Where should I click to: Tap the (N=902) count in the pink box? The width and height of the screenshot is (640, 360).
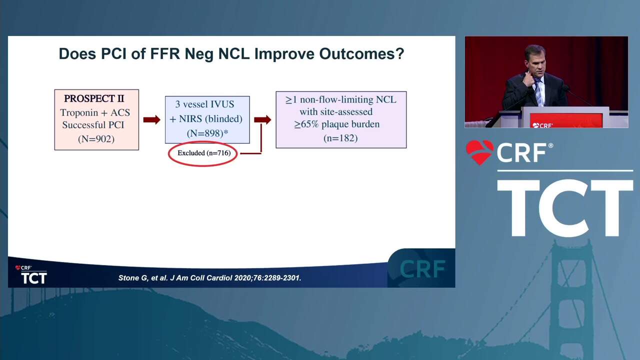(x=96, y=139)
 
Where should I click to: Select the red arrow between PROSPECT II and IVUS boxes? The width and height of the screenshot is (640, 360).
(x=151, y=119)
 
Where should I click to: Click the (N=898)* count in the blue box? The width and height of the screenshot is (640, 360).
(x=207, y=133)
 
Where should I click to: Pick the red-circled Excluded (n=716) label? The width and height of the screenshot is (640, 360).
(x=203, y=153)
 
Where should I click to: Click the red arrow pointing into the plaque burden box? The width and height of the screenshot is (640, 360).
(x=262, y=119)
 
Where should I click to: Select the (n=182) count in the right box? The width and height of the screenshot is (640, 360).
(x=340, y=138)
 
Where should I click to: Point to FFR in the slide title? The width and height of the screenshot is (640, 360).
(x=165, y=53)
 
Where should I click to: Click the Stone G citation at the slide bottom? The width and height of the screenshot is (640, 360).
(x=209, y=277)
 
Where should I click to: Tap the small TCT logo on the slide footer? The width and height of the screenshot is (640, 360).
(x=31, y=275)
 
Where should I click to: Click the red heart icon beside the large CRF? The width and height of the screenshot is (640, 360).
(x=479, y=152)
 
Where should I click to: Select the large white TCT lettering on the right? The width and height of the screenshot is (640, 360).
(x=565, y=208)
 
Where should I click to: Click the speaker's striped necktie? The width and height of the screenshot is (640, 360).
(x=538, y=92)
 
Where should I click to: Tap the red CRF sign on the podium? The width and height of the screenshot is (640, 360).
(x=566, y=120)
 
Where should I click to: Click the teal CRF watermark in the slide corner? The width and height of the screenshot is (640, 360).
(x=422, y=269)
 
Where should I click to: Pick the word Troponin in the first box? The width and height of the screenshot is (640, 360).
(x=79, y=113)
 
